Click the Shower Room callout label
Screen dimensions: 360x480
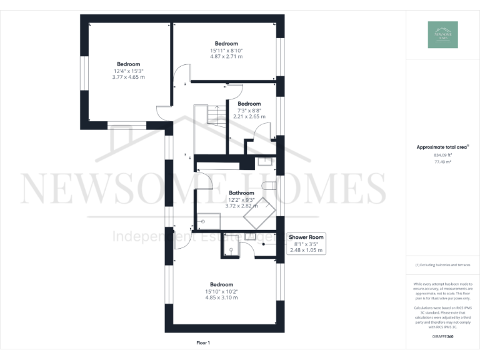(306, 237)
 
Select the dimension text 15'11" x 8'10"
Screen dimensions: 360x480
(226, 50)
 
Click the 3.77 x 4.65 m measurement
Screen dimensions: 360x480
(128, 77)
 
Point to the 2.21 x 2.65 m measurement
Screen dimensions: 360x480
(249, 116)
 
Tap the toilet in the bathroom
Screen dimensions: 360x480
(269, 186)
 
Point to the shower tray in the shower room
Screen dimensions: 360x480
(231, 249)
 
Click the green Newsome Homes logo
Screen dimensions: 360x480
(442, 35)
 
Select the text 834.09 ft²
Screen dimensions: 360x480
(442, 155)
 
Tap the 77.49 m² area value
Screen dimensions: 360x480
(442, 161)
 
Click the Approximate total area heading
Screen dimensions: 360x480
(442, 147)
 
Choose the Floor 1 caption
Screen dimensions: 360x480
(203, 342)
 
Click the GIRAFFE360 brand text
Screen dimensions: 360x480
(442, 337)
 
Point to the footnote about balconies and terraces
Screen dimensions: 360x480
(442, 265)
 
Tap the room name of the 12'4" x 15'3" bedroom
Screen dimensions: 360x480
(128, 64)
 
